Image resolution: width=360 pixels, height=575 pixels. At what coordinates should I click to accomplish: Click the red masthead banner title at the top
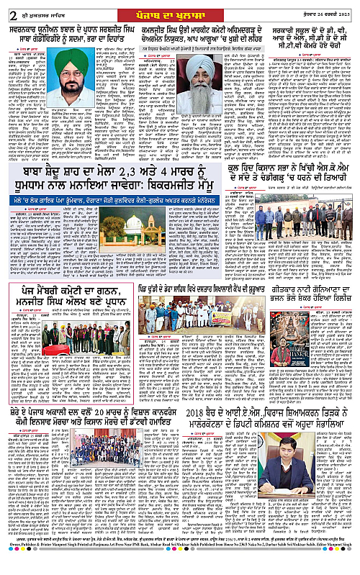coord(180,7)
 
